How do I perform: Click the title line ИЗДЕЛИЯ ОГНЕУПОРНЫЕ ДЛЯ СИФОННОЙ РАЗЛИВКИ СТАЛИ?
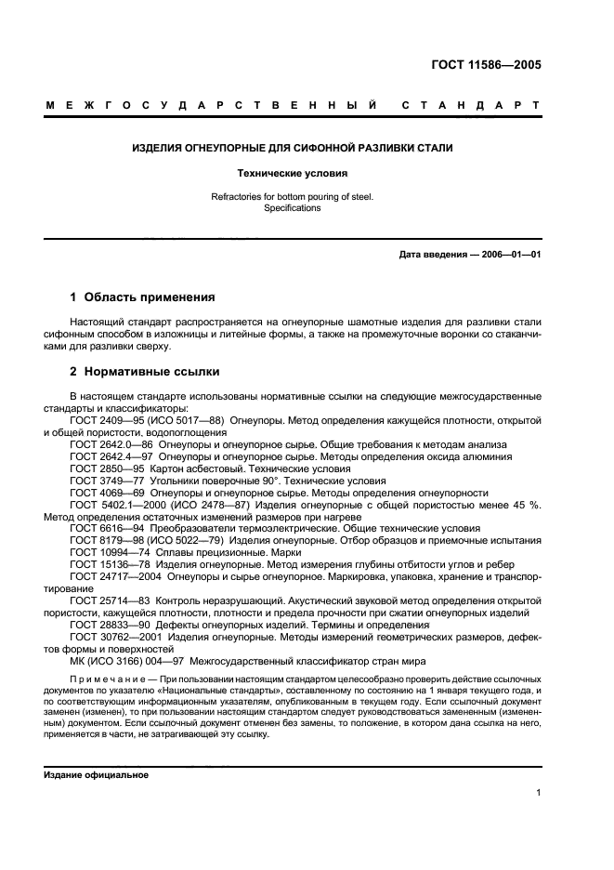pos(293,148)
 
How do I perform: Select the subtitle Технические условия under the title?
pos(293,173)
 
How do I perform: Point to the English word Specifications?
pos(292,208)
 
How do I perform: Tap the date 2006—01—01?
pos(508,254)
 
